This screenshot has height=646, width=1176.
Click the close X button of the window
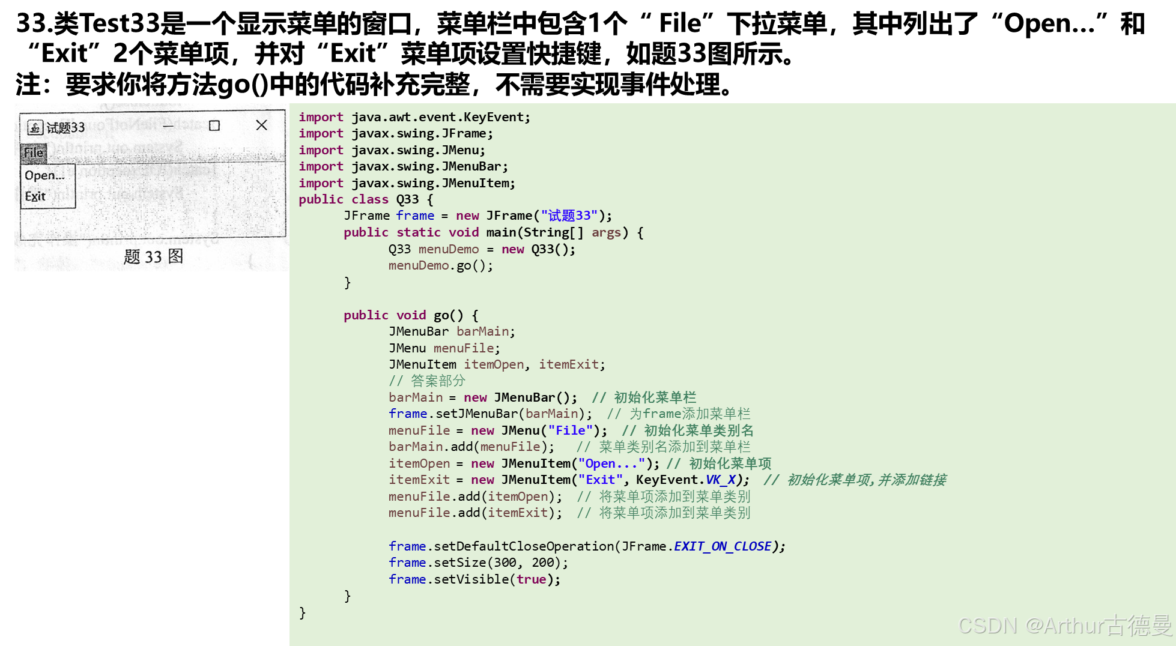click(x=261, y=125)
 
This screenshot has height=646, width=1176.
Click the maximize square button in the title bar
click(x=214, y=125)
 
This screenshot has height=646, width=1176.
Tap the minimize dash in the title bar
click(x=168, y=125)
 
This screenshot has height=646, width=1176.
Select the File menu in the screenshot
click(x=34, y=152)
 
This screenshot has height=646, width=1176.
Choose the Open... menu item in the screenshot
click(x=44, y=175)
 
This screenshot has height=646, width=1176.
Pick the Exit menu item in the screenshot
click(x=35, y=196)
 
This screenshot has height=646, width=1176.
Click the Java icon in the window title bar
click(x=35, y=127)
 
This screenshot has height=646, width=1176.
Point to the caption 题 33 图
click(x=153, y=257)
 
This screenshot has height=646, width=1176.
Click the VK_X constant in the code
click(x=720, y=480)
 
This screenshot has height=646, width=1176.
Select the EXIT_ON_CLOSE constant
click(x=722, y=546)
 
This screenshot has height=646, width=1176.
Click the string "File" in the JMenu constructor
click(x=570, y=430)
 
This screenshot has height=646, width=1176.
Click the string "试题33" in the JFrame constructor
click(x=569, y=216)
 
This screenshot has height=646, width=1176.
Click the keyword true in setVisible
click(x=531, y=579)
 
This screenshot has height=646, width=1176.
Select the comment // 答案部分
click(x=427, y=381)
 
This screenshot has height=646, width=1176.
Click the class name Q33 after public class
click(x=407, y=199)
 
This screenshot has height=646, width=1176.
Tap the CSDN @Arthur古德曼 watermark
click(x=1064, y=626)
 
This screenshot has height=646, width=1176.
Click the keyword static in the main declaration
click(x=419, y=232)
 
